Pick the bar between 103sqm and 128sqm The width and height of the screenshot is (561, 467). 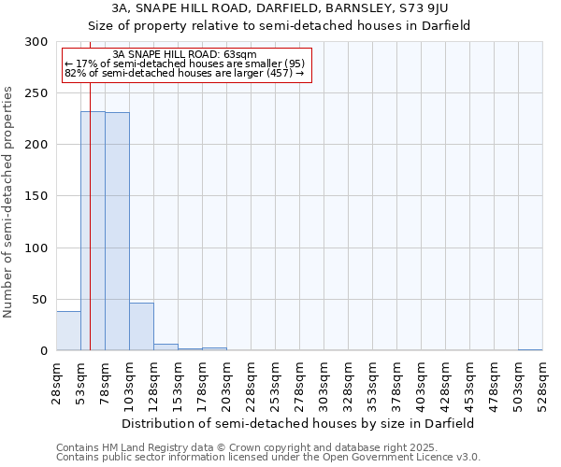(141, 327)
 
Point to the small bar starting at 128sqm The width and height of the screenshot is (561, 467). (165, 347)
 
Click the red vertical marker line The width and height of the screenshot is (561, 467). (90, 187)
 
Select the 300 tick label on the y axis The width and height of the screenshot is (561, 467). (36, 42)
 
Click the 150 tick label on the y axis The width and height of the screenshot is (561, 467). (36, 196)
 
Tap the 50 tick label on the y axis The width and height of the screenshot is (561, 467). (40, 299)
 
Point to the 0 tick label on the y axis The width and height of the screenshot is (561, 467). (44, 350)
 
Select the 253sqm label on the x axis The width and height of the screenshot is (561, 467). (275, 383)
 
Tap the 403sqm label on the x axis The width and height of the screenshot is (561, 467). (421, 383)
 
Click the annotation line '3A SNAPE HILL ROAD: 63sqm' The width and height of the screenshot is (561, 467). (183, 54)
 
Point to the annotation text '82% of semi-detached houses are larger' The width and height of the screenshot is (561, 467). (183, 73)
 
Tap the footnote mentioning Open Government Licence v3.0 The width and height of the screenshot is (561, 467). (268, 457)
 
